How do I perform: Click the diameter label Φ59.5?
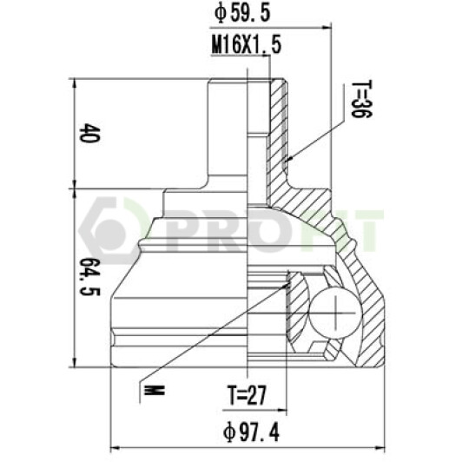click(241, 13)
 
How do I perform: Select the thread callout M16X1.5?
click(247, 45)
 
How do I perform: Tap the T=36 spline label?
click(362, 99)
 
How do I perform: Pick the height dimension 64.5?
click(90, 277)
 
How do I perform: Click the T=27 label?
click(247, 395)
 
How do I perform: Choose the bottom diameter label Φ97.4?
click(251, 432)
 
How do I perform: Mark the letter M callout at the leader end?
click(154, 391)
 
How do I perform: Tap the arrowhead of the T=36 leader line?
click(288, 160)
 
